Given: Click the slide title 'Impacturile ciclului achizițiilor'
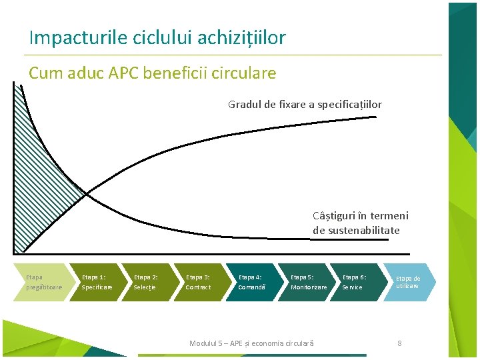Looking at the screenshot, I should pyautogui.click(x=157, y=37).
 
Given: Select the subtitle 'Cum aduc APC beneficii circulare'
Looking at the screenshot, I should pyautogui.click(x=152, y=73).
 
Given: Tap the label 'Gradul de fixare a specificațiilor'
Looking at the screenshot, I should pyautogui.click(x=305, y=104).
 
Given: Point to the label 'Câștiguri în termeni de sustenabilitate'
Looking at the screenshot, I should pyautogui.click(x=360, y=223).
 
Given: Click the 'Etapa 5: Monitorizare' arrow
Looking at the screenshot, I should pyautogui.click(x=307, y=282).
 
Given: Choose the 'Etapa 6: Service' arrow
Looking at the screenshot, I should pyautogui.click(x=359, y=282).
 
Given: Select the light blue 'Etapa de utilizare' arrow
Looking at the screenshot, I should pyautogui.click(x=409, y=282).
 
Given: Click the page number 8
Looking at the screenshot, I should pyautogui.click(x=399, y=343).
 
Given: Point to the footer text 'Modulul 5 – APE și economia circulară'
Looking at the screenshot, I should pyautogui.click(x=251, y=343).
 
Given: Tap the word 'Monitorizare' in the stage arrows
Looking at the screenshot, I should pyautogui.click(x=309, y=287).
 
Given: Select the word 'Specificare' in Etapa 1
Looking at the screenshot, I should pyautogui.click(x=97, y=287).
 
